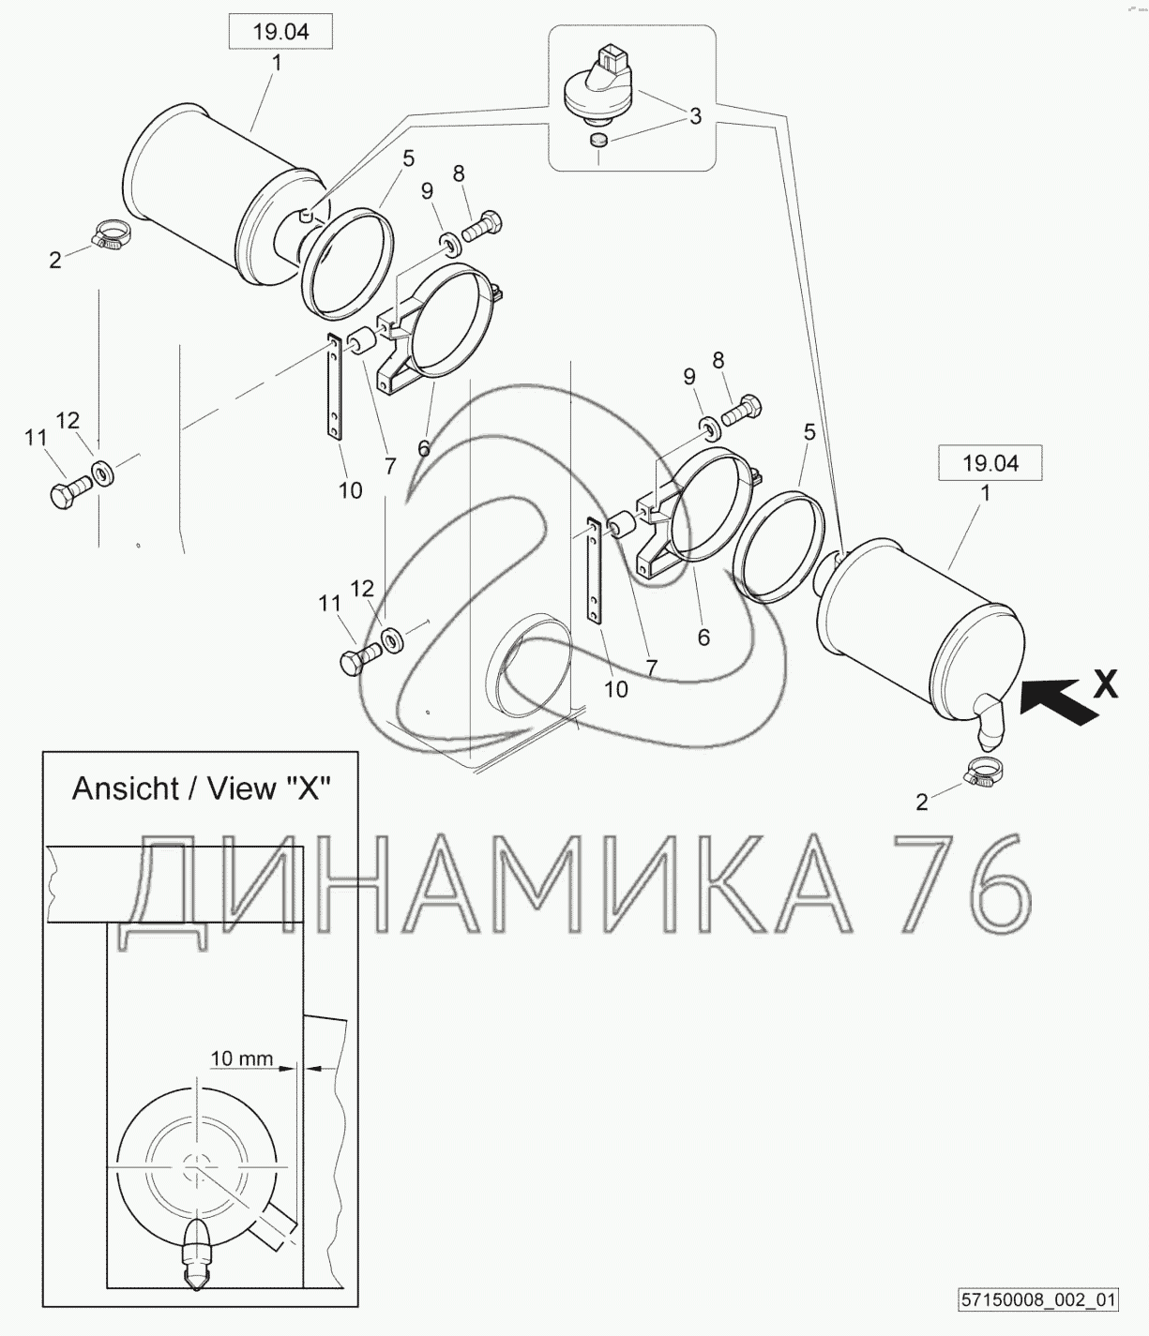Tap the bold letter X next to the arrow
click(x=1106, y=683)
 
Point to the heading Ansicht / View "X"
click(x=201, y=788)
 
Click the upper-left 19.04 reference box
click(x=280, y=31)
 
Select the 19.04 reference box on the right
click(x=990, y=463)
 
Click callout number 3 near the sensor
click(x=695, y=116)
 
